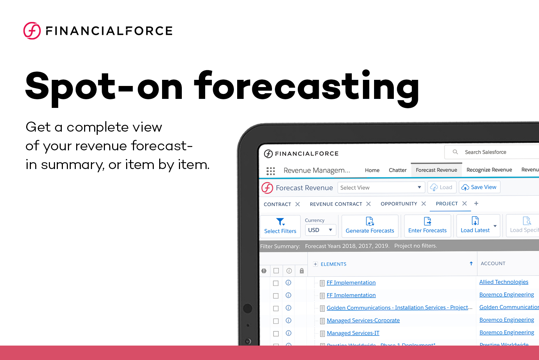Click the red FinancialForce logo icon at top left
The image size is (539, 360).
tap(32, 31)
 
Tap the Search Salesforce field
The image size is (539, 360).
tap(492, 152)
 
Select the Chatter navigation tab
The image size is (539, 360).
tap(397, 170)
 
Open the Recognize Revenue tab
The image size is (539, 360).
tap(489, 170)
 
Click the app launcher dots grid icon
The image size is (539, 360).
tap(271, 170)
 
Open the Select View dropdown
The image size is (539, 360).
tap(381, 187)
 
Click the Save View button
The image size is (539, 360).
tap(479, 187)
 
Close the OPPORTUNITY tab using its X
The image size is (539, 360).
tap(424, 204)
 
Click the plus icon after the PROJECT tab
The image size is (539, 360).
tap(476, 204)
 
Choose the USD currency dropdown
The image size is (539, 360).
tap(320, 230)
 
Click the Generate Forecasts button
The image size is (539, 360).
tap(370, 226)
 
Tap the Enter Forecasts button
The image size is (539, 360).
tap(427, 226)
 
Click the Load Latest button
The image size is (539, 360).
tap(475, 226)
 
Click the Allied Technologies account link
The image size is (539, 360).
tap(503, 282)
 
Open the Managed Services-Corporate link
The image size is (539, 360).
tap(363, 320)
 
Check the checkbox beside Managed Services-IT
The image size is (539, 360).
tap(276, 333)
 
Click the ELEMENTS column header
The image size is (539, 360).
tap(333, 264)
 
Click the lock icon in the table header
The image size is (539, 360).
tap(302, 271)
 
